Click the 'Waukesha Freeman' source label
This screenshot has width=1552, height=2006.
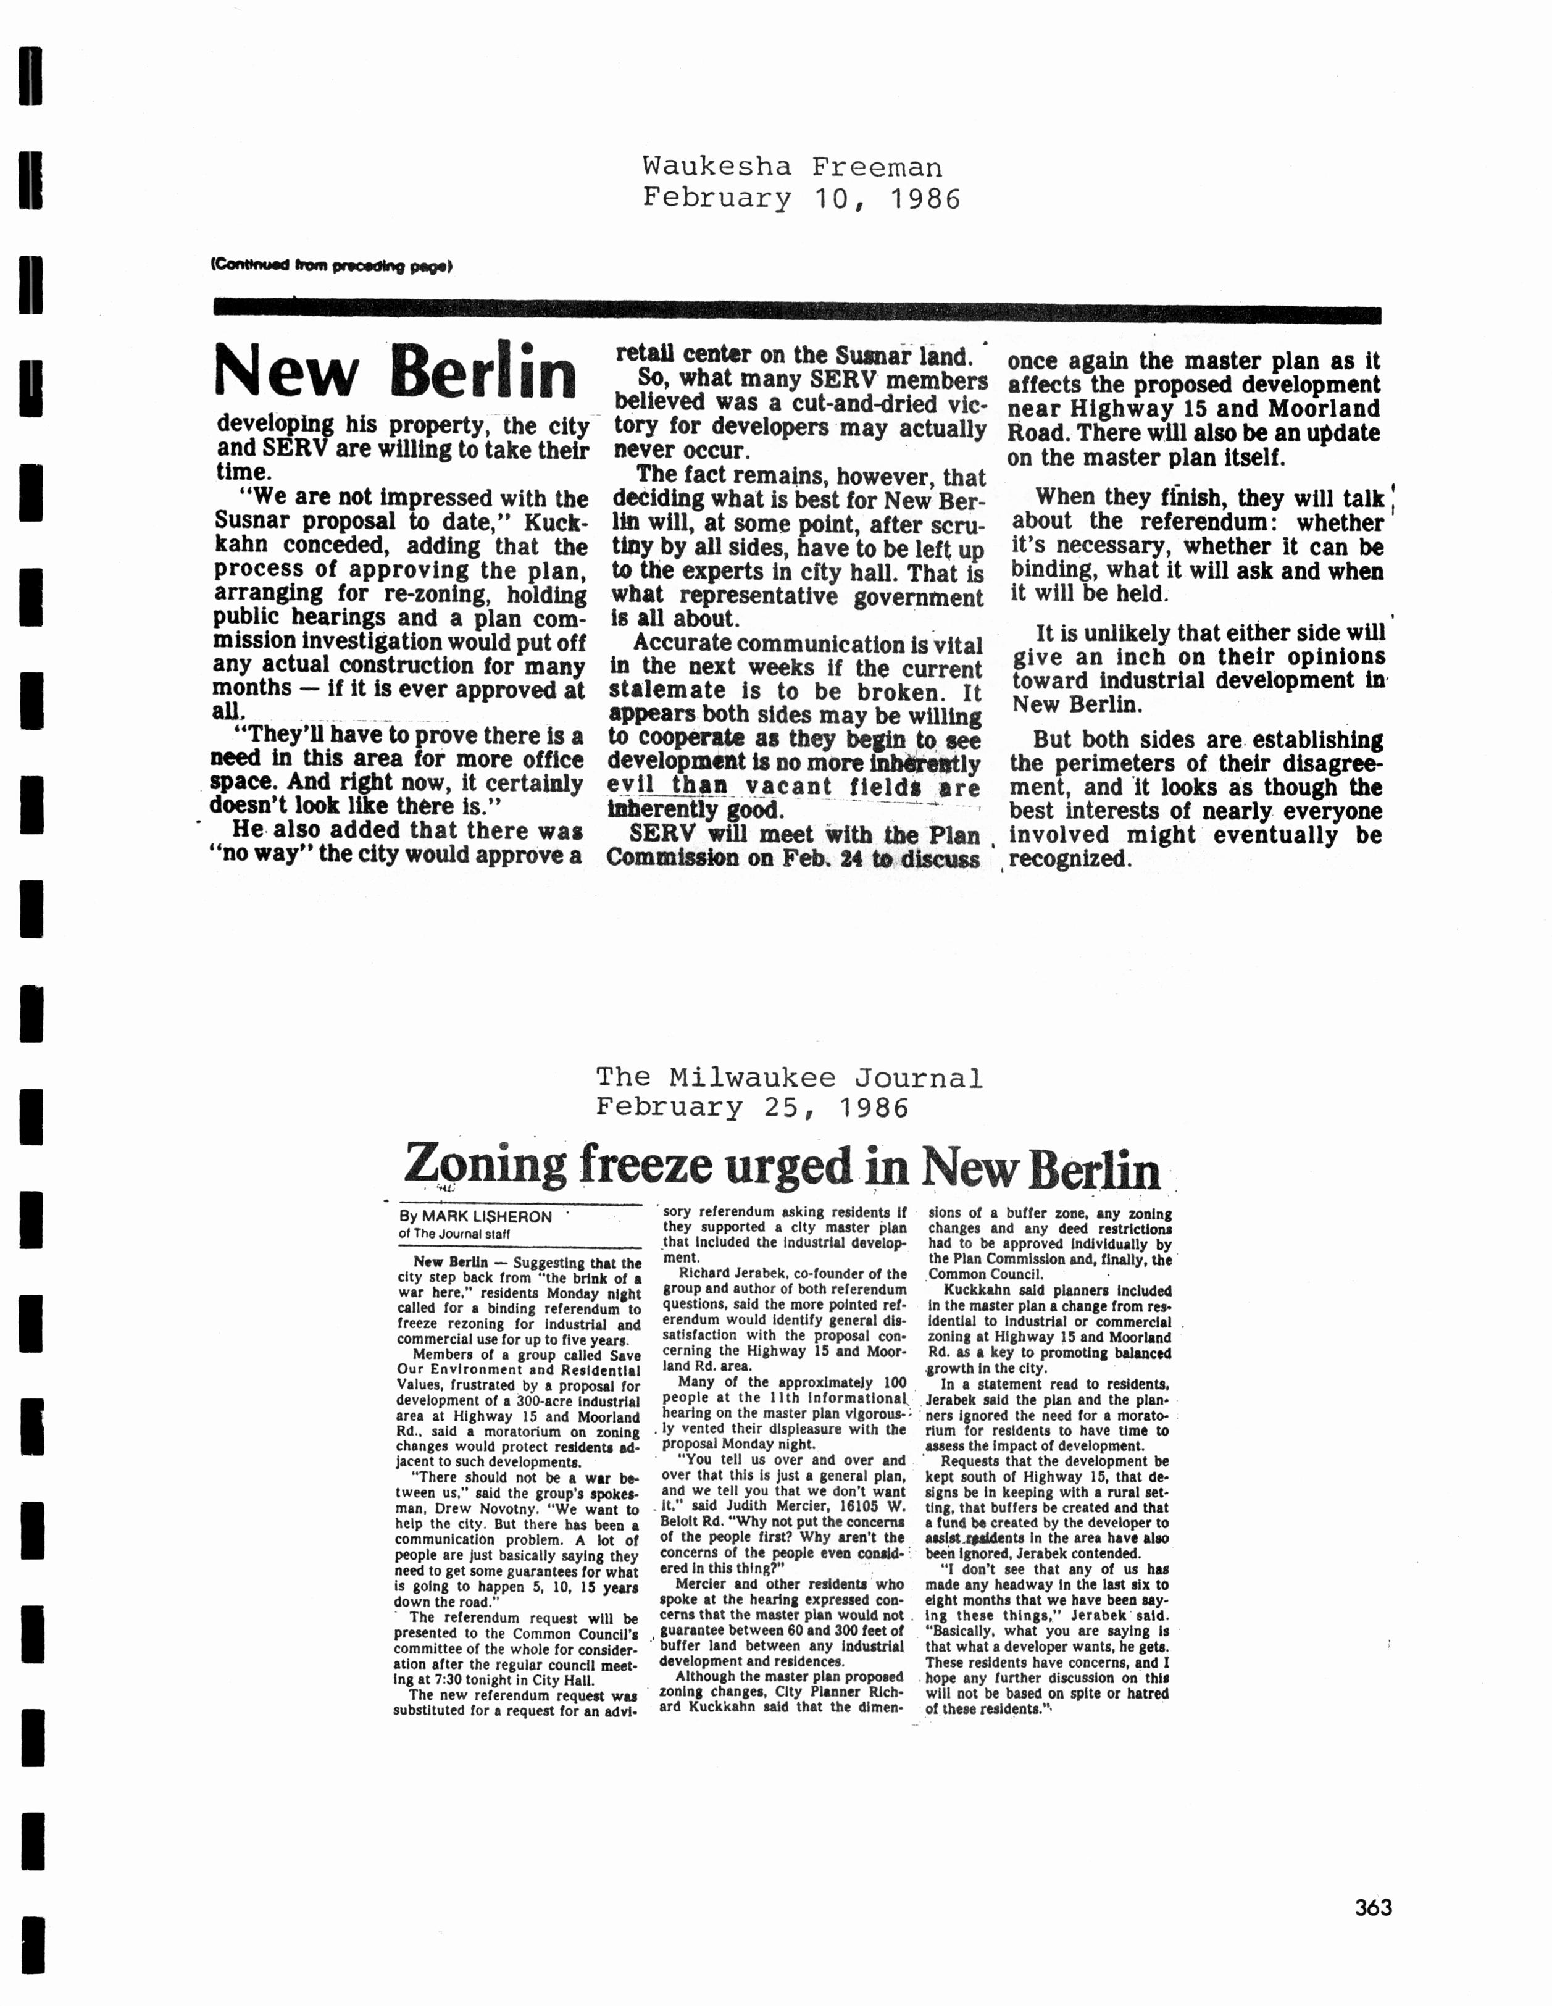[x=791, y=166]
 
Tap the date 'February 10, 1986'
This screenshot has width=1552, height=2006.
[x=801, y=198]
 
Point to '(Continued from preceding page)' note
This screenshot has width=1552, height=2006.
[x=332, y=266]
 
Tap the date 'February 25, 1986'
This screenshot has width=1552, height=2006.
[x=751, y=1108]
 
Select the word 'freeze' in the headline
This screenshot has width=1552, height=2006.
[x=648, y=1166]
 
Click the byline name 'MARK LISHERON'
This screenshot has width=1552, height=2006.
[x=486, y=1217]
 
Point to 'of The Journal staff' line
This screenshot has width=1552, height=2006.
[x=454, y=1234]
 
